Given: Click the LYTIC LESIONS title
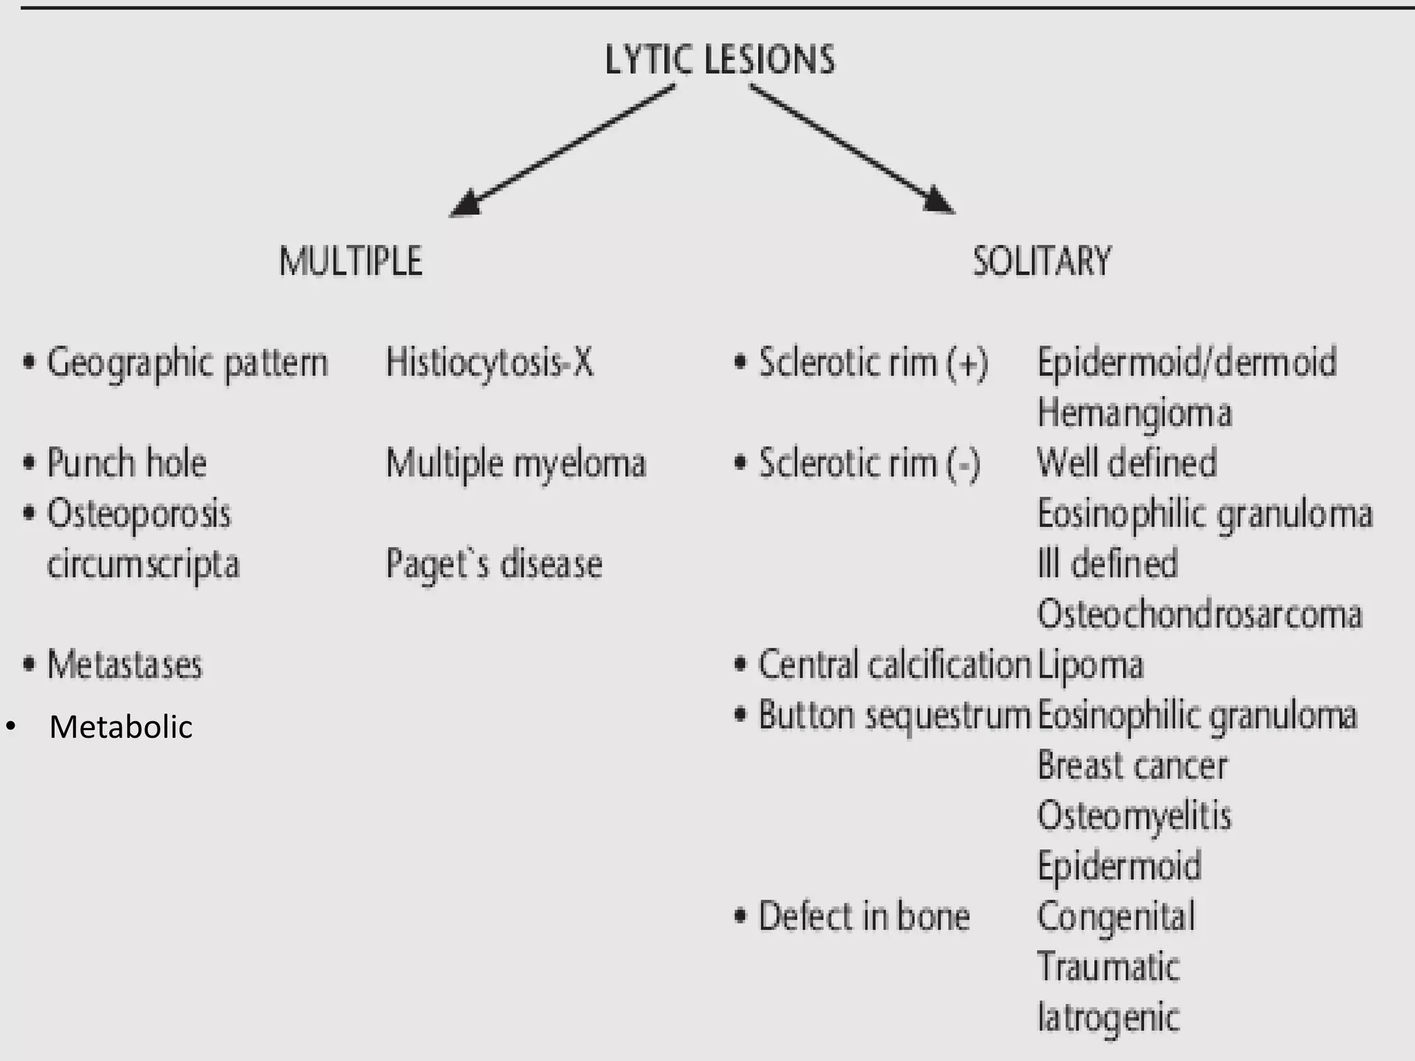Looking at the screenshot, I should point(719,59).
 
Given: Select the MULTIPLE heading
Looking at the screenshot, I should point(350,262).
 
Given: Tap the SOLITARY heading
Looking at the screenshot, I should point(1041,262).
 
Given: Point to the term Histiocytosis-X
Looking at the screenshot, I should point(489,363).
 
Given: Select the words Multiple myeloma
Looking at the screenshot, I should point(515,463).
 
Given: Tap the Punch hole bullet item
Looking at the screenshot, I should point(126,463).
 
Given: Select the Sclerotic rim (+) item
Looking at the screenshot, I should point(873,363).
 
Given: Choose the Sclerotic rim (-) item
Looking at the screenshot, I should point(869,463).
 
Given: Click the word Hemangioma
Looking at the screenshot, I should point(1134,413).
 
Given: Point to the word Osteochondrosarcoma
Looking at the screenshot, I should point(1199,614).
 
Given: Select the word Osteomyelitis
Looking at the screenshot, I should point(1134,816).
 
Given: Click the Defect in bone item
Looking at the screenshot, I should point(864,917).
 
